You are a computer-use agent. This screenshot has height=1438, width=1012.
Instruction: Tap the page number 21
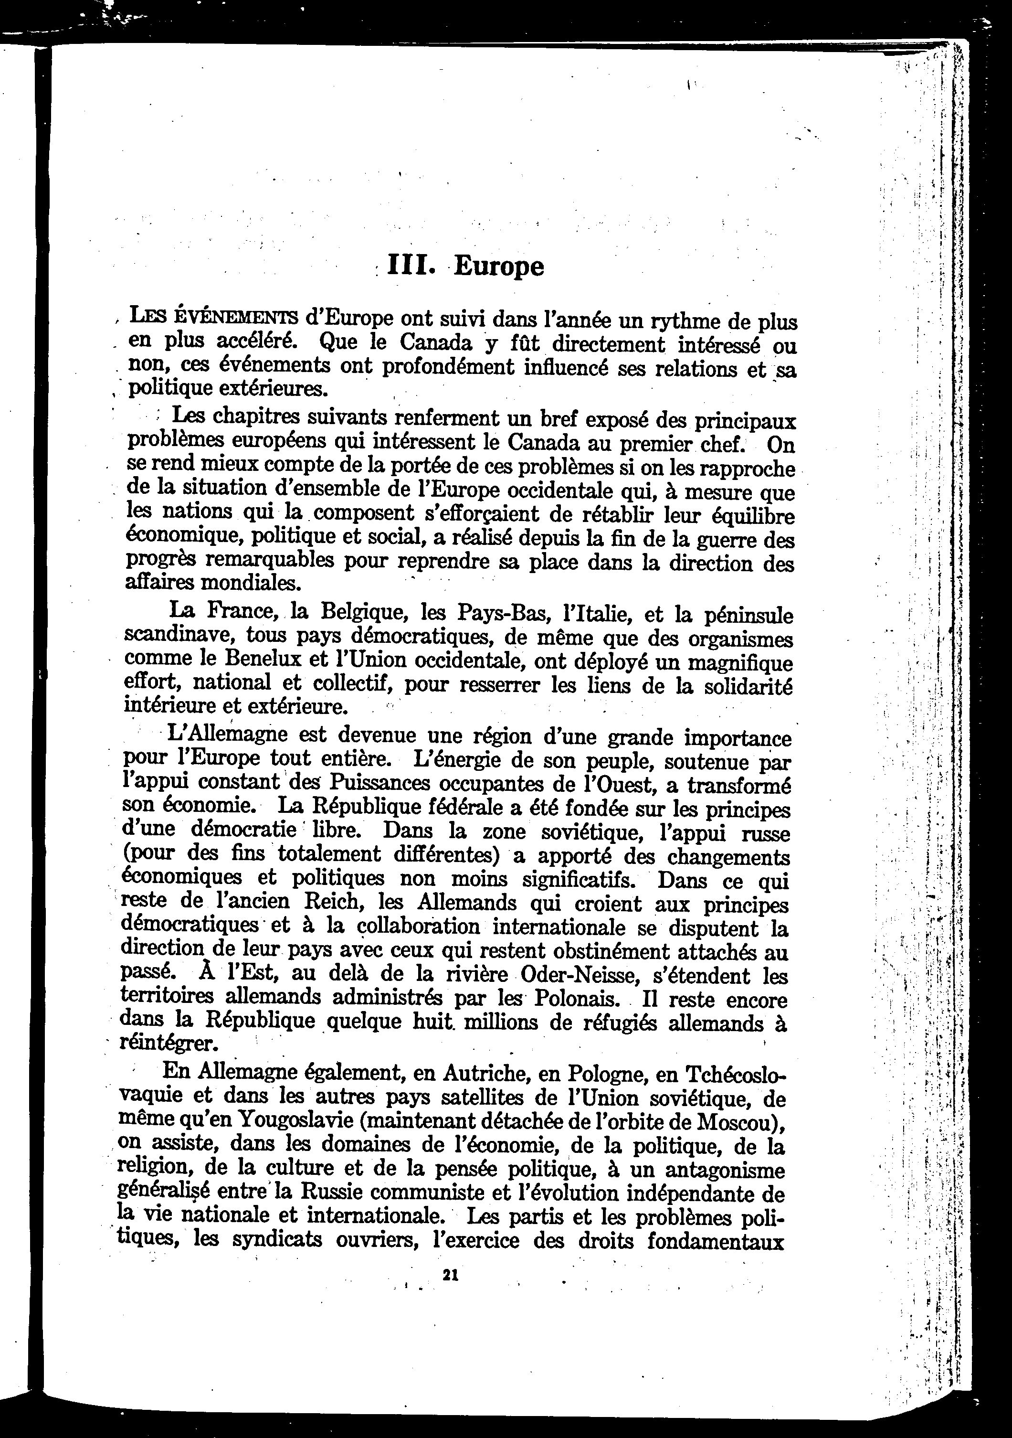[x=451, y=1275]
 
